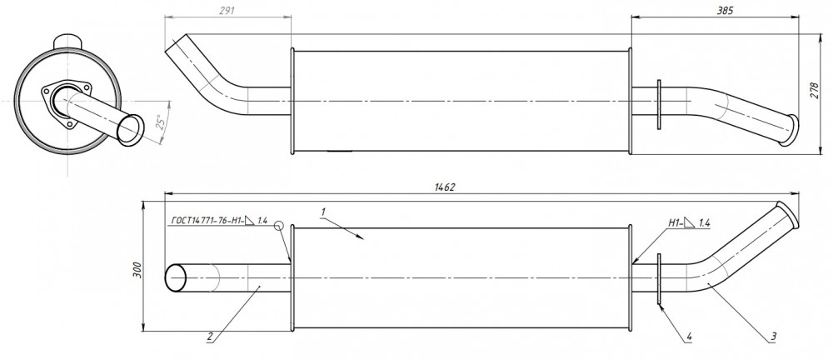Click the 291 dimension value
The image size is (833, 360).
click(x=227, y=10)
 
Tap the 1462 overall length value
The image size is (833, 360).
click(x=445, y=187)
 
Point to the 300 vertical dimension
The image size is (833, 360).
click(x=137, y=271)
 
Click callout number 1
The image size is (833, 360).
click(x=322, y=212)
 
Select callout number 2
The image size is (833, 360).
click(x=211, y=336)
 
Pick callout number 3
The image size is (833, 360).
click(x=774, y=336)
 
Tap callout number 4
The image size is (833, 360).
click(x=689, y=336)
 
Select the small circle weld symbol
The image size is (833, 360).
click(x=279, y=226)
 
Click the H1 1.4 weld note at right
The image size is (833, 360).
click(x=689, y=222)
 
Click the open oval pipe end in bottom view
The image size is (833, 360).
click(x=176, y=277)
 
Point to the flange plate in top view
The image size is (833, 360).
click(x=659, y=105)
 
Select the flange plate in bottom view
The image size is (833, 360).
click(x=659, y=279)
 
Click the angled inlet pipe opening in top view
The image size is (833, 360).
click(x=176, y=43)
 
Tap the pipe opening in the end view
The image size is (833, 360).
click(x=131, y=130)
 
